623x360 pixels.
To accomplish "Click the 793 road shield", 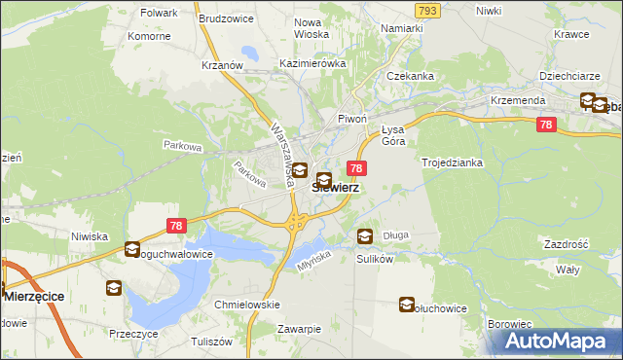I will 425,10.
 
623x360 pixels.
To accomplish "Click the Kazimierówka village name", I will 312,63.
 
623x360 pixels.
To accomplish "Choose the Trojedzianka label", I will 453,162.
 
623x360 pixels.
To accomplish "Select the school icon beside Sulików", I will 364,235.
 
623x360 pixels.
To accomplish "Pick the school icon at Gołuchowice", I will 406,306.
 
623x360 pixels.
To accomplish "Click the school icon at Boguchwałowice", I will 132,250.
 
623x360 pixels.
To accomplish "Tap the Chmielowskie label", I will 247,305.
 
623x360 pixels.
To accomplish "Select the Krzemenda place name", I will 518,100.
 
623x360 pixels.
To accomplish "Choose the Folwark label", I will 159,14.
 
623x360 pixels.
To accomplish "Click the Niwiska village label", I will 89,235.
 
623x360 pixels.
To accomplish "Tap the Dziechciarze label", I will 568,75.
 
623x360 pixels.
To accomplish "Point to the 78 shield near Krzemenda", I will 546,125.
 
